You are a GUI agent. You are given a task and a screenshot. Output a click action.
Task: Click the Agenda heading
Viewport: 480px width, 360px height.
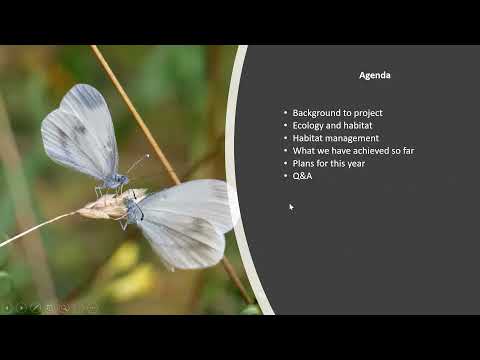(374, 75)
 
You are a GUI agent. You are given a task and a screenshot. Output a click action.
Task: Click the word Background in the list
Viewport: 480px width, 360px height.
(315, 113)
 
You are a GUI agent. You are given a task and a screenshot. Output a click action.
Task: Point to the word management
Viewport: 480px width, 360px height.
(352, 138)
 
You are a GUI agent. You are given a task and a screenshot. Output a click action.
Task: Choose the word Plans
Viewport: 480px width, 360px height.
(304, 163)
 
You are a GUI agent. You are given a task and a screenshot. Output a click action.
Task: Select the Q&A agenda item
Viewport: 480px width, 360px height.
(302, 176)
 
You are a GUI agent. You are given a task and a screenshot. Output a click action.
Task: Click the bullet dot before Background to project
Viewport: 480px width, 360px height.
(285, 113)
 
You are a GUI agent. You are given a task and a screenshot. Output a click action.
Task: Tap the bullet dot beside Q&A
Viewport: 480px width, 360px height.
(285, 176)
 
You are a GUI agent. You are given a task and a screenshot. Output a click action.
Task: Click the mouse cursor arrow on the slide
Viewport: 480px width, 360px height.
(291, 207)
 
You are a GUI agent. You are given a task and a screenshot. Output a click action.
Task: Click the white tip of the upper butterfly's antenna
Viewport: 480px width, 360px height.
(147, 156)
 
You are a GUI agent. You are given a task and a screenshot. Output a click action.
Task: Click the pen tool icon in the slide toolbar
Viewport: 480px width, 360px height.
(36, 308)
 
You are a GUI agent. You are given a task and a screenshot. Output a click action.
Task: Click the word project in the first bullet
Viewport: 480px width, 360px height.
(369, 113)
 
